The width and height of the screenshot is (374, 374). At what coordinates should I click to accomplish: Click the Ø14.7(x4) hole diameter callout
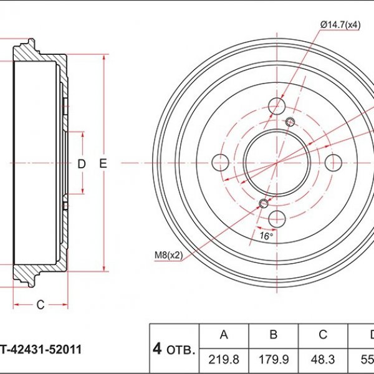point(340,25)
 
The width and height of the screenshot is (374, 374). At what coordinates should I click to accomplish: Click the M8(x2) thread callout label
point(168,255)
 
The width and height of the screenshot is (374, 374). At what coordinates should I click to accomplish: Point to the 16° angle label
point(266,236)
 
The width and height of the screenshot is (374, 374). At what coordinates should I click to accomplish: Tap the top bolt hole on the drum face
point(277,106)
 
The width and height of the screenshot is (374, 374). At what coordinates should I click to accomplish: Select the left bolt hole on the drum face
point(221,163)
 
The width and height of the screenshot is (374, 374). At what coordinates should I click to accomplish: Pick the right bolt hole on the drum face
point(333,163)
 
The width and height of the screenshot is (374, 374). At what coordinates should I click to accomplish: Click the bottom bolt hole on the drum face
point(277,219)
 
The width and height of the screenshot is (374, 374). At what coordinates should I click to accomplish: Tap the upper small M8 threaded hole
point(290,122)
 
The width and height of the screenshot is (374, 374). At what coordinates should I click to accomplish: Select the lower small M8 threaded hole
point(264,203)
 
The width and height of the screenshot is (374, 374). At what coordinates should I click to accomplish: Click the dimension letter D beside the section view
point(82,164)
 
